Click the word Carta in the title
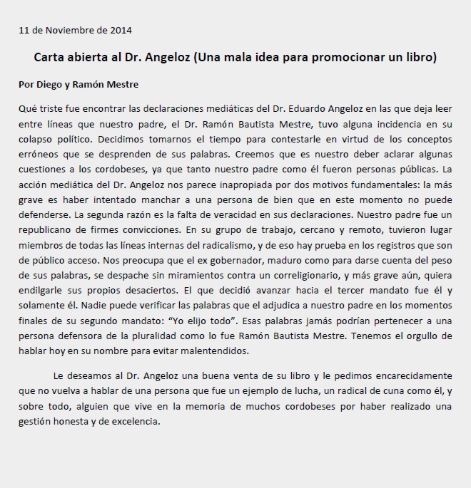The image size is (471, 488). pyautogui.click(x=51, y=56)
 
